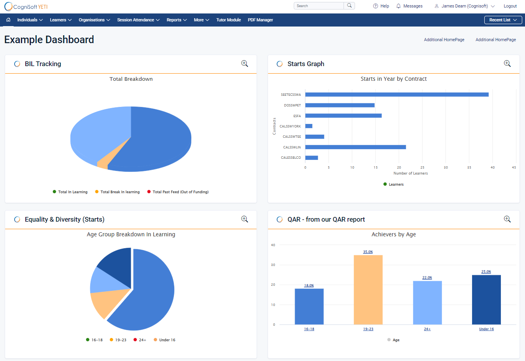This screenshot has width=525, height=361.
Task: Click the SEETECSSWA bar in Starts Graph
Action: (x=397, y=95)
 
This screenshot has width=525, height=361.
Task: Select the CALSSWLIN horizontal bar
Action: (x=355, y=147)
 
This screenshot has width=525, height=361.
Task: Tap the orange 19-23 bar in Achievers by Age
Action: (x=368, y=290)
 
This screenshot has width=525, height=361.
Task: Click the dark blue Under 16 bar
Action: (x=486, y=300)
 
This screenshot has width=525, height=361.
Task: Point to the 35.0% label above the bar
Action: (x=368, y=252)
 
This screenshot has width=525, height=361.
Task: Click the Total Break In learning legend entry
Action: (x=120, y=192)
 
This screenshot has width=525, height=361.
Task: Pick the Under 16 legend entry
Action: (x=167, y=340)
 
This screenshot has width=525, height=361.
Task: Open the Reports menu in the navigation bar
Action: (x=176, y=20)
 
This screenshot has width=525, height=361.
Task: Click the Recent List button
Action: (x=503, y=20)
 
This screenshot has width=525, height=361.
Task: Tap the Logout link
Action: (x=510, y=6)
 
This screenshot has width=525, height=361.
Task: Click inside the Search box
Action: (x=319, y=6)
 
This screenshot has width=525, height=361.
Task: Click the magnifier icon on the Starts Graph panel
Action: (x=507, y=64)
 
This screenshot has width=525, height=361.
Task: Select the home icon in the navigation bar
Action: (x=8, y=20)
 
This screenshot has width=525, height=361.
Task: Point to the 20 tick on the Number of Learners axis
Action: (x=399, y=167)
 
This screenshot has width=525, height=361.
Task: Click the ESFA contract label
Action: (x=297, y=116)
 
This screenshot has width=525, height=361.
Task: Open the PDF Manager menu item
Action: (x=260, y=20)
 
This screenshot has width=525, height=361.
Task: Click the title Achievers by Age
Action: (x=393, y=234)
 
